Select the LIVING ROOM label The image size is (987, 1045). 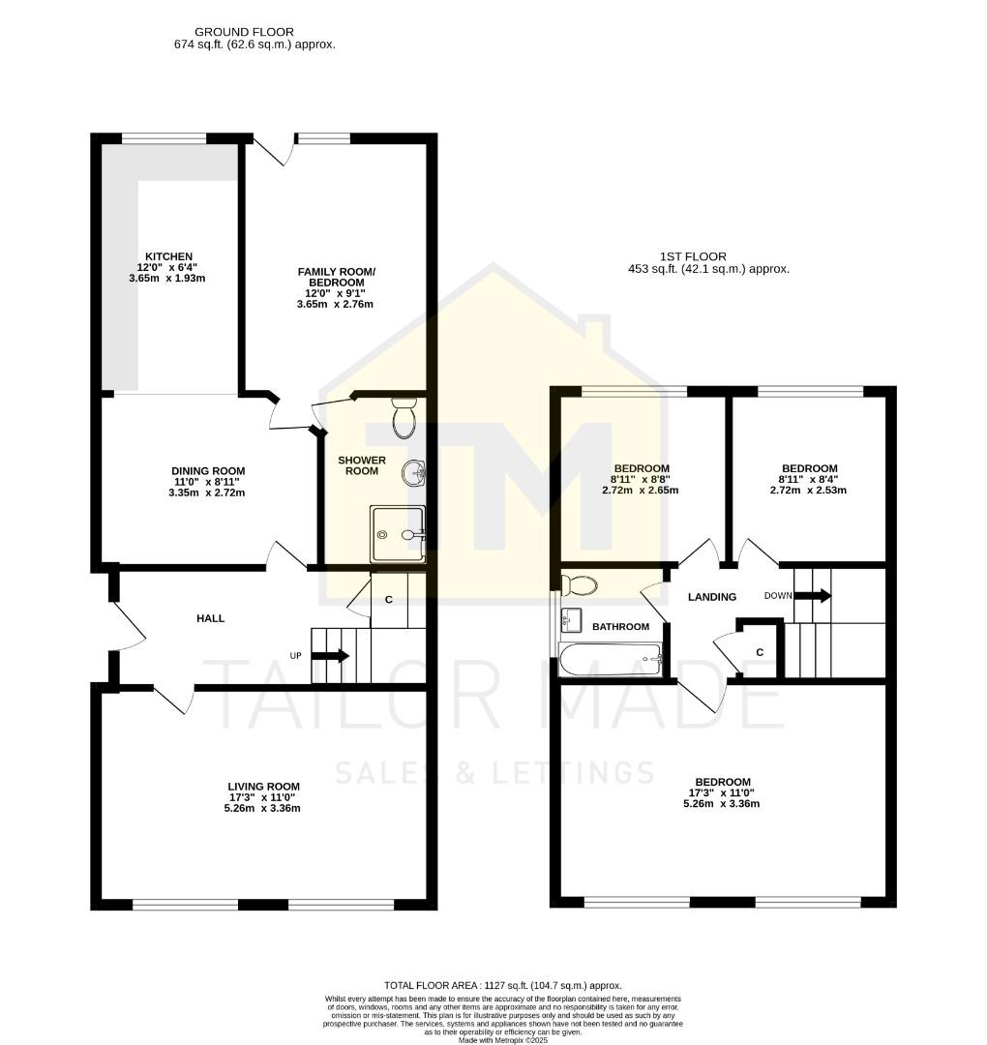pos(263,787)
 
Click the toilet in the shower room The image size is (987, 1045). pos(404,417)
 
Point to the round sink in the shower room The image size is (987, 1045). pos(414,473)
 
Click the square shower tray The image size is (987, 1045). pos(398,534)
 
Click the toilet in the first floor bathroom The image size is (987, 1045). pos(580,584)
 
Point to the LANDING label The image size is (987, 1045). pos(712,597)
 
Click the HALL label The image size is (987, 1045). pos(210,618)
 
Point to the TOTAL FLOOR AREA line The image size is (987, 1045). pos(502,985)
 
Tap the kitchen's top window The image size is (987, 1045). pos(164,138)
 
